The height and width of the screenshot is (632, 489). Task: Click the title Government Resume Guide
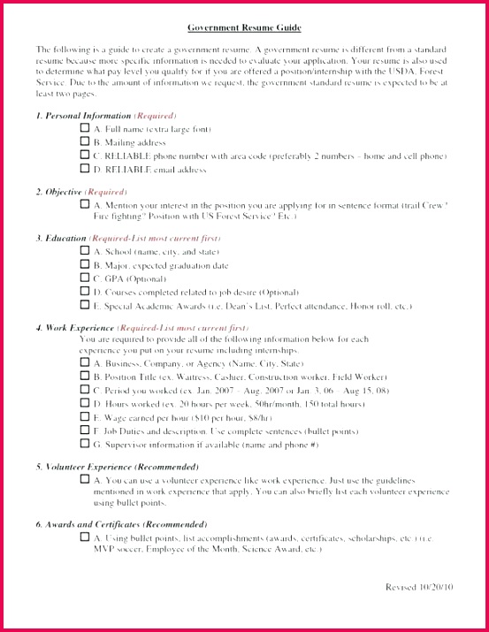pos(244,27)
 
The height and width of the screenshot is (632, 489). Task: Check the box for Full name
pos(85,128)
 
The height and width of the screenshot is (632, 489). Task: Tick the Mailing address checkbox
pos(85,141)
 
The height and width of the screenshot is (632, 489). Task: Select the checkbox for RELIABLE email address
pos(85,168)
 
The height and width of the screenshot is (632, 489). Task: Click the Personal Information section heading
pos(83,116)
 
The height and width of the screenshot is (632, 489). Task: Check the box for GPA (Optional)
pos(85,278)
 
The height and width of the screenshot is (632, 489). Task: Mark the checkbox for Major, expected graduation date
pos(85,264)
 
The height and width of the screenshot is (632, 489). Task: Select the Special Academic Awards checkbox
pos(85,305)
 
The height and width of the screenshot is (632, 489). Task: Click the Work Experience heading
pos(74,328)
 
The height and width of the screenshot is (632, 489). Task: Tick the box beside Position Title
pos(85,377)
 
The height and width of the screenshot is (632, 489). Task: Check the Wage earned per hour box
pos(85,417)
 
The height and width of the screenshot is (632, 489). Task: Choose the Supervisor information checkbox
pos(85,444)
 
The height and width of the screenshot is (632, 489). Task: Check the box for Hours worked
pos(85,404)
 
